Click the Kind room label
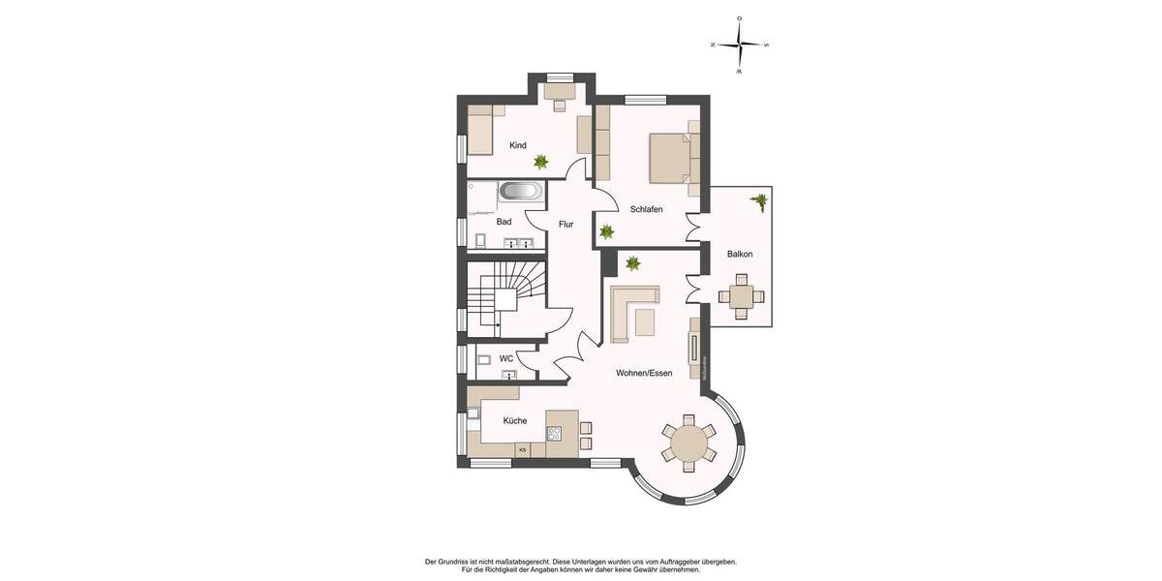[x=518, y=145]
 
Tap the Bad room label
[x=504, y=222]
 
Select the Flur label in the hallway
[x=566, y=225]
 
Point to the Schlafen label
[x=646, y=209]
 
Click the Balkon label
[x=740, y=254]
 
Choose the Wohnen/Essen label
[x=644, y=372]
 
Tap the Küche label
[x=515, y=420]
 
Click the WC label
[x=506, y=358]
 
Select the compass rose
[x=739, y=45]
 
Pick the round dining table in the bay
[x=688, y=443]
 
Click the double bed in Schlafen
[x=669, y=158]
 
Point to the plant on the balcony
[x=758, y=201]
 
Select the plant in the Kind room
[x=541, y=162]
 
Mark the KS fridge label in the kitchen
[x=522, y=450]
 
